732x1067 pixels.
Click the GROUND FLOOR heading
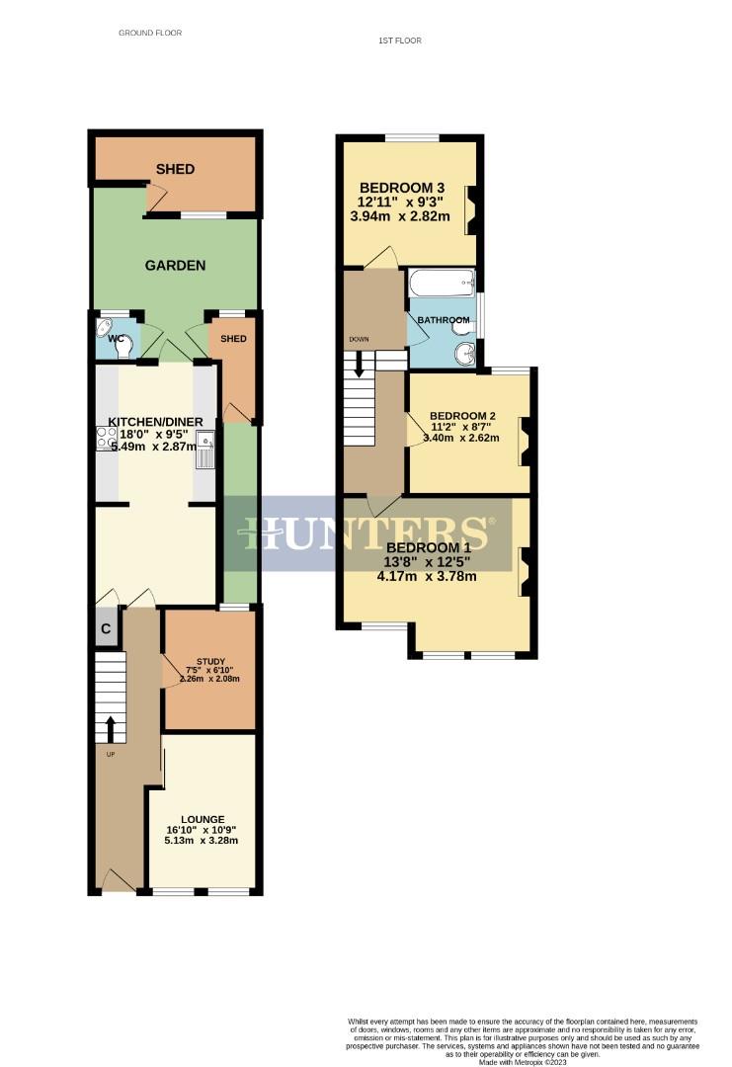click(x=150, y=33)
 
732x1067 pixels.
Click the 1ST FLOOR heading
click(x=399, y=41)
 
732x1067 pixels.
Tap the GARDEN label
click(x=175, y=265)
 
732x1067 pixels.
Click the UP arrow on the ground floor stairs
click(x=109, y=729)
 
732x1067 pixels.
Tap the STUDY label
click(x=210, y=662)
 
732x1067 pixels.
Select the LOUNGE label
click(x=202, y=819)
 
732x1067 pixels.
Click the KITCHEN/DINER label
click(x=155, y=422)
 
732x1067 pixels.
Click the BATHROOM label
click(x=442, y=321)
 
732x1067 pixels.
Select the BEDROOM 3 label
click(x=402, y=188)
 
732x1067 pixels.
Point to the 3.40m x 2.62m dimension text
click(x=460, y=438)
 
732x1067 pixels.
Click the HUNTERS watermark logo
click(x=366, y=533)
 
